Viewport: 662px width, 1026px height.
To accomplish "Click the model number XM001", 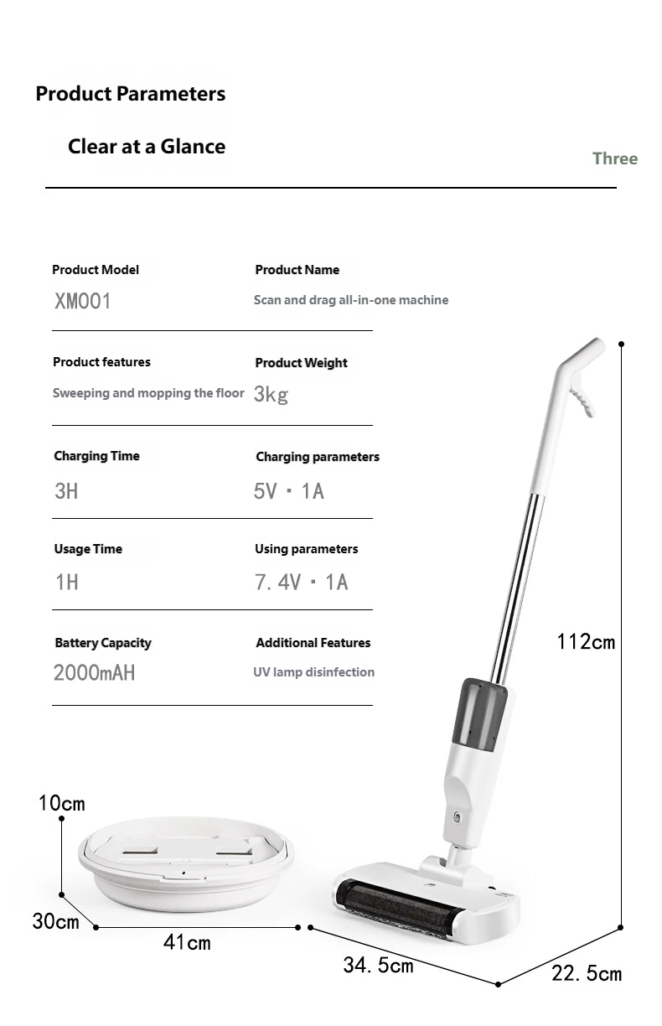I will tap(82, 301).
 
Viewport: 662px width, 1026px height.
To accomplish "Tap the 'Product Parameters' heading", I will tap(130, 94).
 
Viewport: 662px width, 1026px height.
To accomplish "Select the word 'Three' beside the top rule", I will tap(614, 158).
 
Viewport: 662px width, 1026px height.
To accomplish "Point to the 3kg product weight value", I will tap(271, 394).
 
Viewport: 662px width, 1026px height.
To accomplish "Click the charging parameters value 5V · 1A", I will tap(289, 491).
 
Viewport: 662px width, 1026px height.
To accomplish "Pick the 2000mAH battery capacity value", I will tap(94, 672).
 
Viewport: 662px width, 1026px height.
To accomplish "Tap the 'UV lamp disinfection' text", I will tap(313, 672).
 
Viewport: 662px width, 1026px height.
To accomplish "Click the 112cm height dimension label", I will tap(586, 642).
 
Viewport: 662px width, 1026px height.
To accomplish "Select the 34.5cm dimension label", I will tap(378, 965).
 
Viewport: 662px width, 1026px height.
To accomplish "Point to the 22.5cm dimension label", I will tap(586, 973).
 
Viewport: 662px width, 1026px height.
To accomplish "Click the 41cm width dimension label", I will tap(187, 943).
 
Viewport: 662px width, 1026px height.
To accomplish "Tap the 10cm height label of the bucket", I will tap(61, 803).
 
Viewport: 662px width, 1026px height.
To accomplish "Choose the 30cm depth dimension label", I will tap(55, 920).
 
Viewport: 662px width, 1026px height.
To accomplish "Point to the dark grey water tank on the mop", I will tap(479, 713).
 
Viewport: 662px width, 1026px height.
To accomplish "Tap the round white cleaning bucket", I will tap(186, 868).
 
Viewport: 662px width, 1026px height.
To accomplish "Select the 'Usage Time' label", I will tap(88, 549).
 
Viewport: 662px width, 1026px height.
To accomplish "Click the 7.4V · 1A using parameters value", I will tap(301, 582).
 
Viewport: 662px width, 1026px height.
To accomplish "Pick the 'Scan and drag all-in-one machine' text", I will tap(351, 300).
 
